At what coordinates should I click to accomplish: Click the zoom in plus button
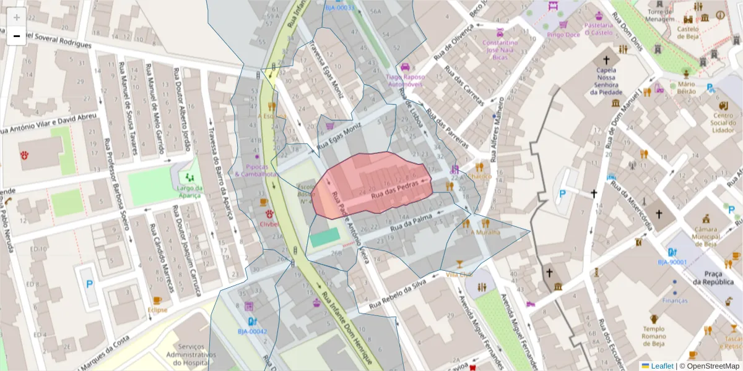[x=17, y=17]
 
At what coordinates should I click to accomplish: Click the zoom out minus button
[x=17, y=36]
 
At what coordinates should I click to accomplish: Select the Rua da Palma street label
[x=409, y=226]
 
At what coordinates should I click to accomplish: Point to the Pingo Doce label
[x=563, y=35]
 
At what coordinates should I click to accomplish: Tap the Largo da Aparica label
[x=189, y=192]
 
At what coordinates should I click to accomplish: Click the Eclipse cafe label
[x=157, y=310]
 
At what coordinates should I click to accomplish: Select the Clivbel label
[x=270, y=224]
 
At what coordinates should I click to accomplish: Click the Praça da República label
[x=713, y=278]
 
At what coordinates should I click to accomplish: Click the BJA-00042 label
[x=252, y=331]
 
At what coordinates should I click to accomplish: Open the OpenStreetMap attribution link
[x=709, y=366]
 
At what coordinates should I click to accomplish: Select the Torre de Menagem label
[x=660, y=15]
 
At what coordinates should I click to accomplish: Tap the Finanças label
[x=674, y=301]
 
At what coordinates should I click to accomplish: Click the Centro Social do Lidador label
[x=723, y=122]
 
